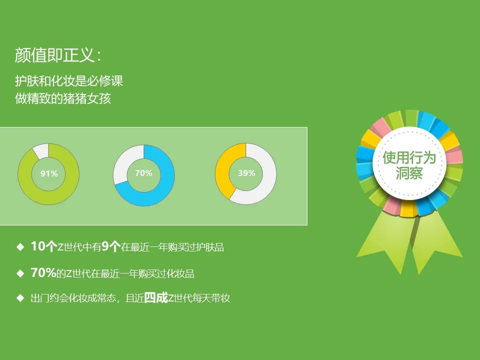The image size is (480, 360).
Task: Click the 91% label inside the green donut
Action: [x=49, y=173]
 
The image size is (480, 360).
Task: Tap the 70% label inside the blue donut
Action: [x=143, y=173]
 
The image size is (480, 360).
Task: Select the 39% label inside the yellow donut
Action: [x=246, y=173]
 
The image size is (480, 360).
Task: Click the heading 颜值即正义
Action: [x=54, y=55]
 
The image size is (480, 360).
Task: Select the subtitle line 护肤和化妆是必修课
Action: [x=69, y=81]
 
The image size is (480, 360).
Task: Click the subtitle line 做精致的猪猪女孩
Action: [x=63, y=98]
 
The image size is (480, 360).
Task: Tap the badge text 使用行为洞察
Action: [x=409, y=164]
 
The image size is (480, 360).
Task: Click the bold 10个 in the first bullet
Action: [x=44, y=246]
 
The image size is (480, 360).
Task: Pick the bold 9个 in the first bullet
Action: [x=111, y=246]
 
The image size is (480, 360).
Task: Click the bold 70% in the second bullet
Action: [x=43, y=272]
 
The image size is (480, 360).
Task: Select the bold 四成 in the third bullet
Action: [x=156, y=297]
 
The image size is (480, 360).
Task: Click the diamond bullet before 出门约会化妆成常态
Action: [x=20, y=298]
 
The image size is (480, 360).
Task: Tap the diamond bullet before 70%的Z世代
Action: [x=20, y=273]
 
